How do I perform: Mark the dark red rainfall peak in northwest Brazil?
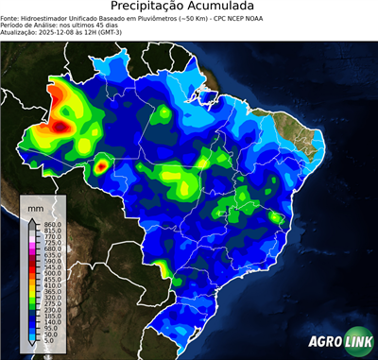[x=62, y=124]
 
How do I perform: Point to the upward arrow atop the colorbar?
[x=32, y=220]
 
